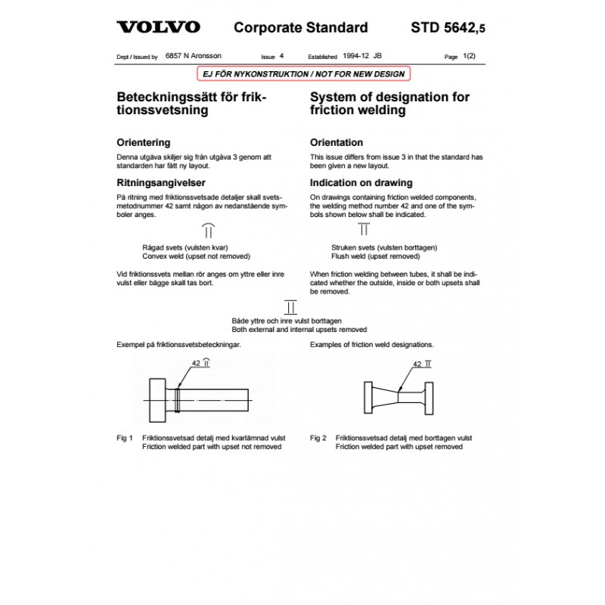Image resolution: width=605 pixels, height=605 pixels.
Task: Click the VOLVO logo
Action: click(x=158, y=28)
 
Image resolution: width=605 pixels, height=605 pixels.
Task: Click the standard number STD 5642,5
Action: click(x=448, y=28)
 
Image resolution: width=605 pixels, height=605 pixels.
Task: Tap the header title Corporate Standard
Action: click(x=301, y=28)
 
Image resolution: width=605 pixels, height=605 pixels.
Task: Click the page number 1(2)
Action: click(x=475, y=57)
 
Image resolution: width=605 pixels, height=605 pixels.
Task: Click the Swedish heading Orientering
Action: click(x=143, y=142)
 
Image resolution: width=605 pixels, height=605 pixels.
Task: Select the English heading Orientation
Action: click(x=337, y=142)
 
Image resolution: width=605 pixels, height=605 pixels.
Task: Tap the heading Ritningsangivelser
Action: click(x=161, y=182)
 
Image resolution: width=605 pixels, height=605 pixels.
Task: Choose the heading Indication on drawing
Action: click(x=361, y=182)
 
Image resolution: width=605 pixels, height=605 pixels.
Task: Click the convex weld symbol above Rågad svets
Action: click(x=209, y=231)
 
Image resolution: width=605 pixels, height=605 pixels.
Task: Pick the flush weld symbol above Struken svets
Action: click(x=364, y=229)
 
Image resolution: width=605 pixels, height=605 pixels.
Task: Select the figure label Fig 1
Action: click(x=125, y=438)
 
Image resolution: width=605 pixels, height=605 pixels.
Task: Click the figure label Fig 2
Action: click(x=318, y=438)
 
